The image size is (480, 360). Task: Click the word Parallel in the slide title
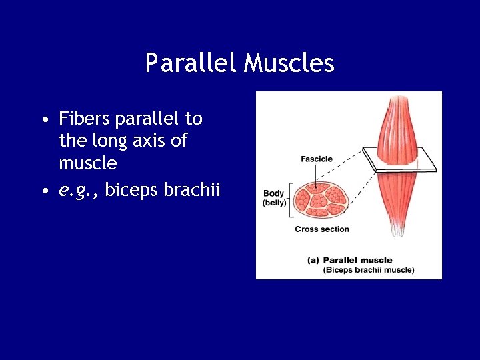point(191,63)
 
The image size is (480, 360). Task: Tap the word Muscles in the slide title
point(289,63)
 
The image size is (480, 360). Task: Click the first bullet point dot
point(43,121)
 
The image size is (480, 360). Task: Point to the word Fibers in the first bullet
point(85,119)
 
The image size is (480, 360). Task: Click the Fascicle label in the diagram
point(316,159)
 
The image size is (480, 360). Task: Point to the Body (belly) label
point(273,198)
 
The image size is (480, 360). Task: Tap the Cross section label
point(321,229)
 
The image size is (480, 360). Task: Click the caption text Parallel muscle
point(359,260)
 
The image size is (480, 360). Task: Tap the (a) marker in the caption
point(313,260)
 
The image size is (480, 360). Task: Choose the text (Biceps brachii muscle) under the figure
point(369,270)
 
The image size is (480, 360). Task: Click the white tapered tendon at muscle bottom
point(397,229)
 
